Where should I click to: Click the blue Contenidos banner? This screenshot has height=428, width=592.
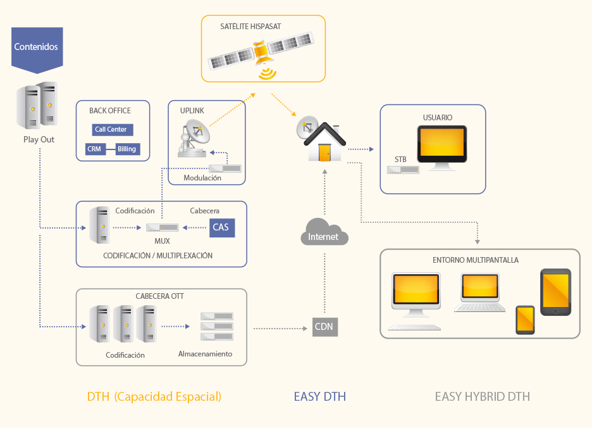(x=37, y=49)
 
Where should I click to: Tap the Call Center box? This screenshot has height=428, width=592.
(x=113, y=129)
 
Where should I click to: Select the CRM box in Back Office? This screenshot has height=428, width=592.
(x=95, y=149)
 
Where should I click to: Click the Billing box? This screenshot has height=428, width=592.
(x=128, y=149)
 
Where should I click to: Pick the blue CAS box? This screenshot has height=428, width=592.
(x=222, y=227)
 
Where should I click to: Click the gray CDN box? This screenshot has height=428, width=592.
(x=325, y=327)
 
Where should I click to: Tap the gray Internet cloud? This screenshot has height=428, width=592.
(x=324, y=232)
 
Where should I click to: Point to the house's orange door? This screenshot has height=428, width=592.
(x=324, y=153)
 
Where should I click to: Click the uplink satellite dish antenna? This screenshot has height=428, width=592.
(x=194, y=138)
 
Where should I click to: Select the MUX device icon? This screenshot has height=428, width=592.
(x=163, y=227)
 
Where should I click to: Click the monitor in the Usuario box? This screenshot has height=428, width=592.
(x=441, y=148)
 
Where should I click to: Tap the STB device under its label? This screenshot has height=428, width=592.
(x=404, y=170)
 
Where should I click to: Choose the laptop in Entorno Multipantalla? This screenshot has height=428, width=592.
(x=480, y=293)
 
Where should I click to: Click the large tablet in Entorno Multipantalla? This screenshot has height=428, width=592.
(x=555, y=292)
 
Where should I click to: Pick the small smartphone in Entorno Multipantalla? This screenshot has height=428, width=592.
(x=525, y=320)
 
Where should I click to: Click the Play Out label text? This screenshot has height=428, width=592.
(x=39, y=139)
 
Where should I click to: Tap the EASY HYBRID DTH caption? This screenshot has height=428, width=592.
(x=483, y=396)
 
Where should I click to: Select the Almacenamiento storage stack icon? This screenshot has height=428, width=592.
(x=217, y=326)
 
